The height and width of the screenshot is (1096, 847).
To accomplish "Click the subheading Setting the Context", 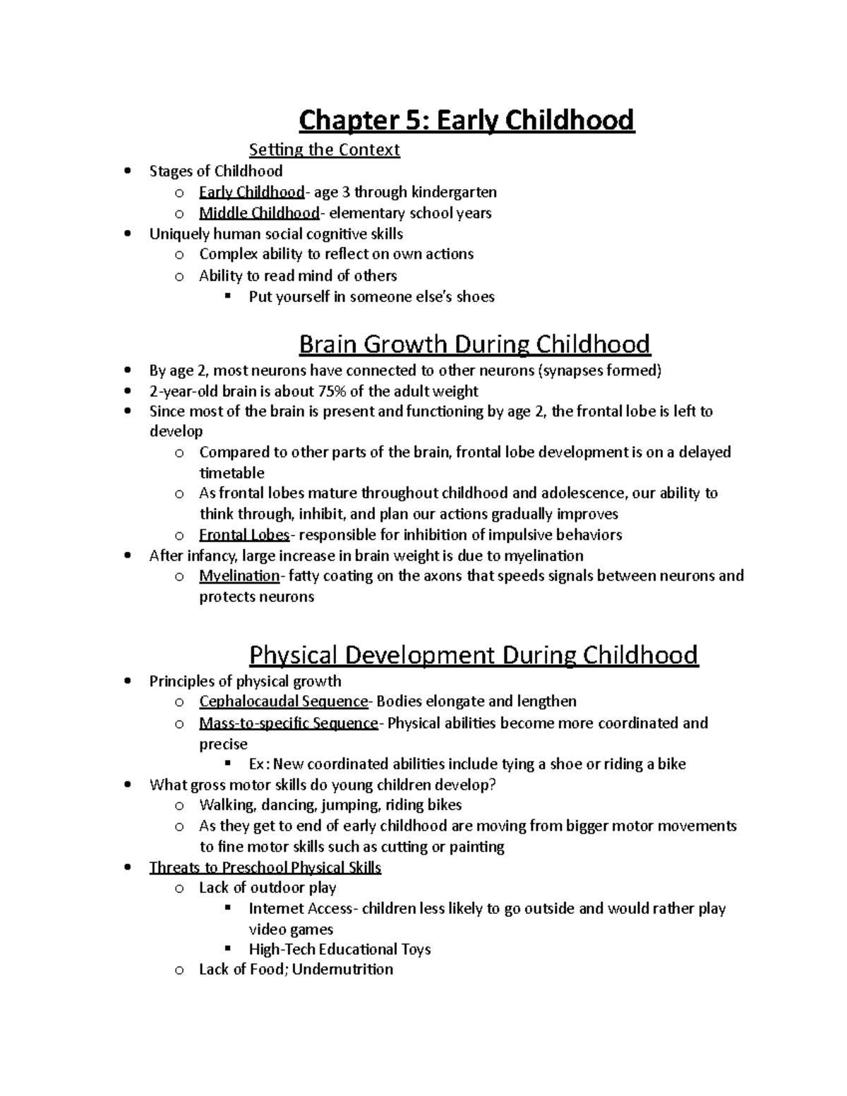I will coord(324,150).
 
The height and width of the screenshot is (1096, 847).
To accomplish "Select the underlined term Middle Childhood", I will coord(259,213).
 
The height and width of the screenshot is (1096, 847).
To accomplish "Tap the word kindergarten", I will coord(454,192).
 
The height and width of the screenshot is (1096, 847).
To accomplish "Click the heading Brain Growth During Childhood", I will coord(474,344).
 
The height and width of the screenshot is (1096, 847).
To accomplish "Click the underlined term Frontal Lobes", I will coord(244,535).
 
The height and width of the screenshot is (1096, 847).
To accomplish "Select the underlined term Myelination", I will coord(239,576).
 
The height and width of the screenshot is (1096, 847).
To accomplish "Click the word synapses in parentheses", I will coord(570,371).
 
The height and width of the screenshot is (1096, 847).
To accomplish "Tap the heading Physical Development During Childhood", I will coord(474,655).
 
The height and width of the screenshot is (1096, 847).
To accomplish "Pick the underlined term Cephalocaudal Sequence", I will coord(284,701).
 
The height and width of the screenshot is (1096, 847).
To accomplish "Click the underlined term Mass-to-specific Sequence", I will coord(289,723).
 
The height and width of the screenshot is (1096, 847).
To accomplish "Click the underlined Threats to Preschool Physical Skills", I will coord(265,867).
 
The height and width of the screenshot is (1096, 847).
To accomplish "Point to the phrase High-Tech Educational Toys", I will coord(340,950).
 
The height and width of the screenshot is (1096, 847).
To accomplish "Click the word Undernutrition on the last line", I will coord(342,970).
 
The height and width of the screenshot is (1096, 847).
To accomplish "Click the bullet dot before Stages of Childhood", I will coord(127,171).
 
